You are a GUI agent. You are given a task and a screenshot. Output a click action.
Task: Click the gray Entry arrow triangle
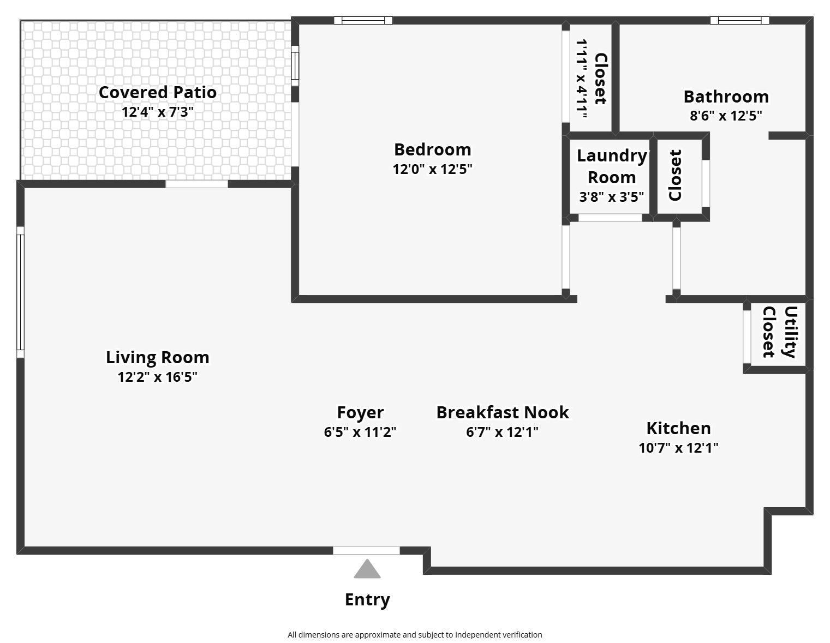click(x=367, y=569)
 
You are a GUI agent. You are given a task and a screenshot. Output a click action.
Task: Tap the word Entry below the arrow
click(x=367, y=599)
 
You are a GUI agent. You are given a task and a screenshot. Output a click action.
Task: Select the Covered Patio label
click(x=157, y=92)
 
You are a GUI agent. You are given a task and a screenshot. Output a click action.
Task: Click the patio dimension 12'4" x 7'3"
click(x=157, y=112)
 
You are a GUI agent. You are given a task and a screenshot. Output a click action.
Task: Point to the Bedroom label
click(x=432, y=149)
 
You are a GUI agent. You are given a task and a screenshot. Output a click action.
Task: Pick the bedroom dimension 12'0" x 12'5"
click(x=432, y=169)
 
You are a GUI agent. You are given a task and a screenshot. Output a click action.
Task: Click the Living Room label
click(x=157, y=357)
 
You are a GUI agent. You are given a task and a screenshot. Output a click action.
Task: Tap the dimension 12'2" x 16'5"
click(x=157, y=377)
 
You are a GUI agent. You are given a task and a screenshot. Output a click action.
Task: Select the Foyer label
click(x=360, y=412)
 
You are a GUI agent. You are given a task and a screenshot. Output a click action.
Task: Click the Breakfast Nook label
click(x=502, y=412)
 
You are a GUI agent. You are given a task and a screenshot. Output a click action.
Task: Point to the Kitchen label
click(x=678, y=428)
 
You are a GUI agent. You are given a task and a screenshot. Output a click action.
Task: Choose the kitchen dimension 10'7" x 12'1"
click(x=678, y=448)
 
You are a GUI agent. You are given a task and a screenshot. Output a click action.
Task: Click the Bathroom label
click(x=726, y=97)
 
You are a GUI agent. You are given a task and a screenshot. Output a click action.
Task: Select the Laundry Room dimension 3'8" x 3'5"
click(x=611, y=197)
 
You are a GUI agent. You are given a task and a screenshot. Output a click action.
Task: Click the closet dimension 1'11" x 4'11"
click(x=582, y=79)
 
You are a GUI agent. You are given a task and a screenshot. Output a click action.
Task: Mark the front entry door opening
click(x=366, y=550)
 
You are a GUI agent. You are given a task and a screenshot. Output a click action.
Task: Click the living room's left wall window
click(x=21, y=292)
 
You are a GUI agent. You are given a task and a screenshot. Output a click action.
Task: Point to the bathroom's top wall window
click(x=739, y=21)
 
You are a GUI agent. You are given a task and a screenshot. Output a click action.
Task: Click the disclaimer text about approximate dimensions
click(x=415, y=635)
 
